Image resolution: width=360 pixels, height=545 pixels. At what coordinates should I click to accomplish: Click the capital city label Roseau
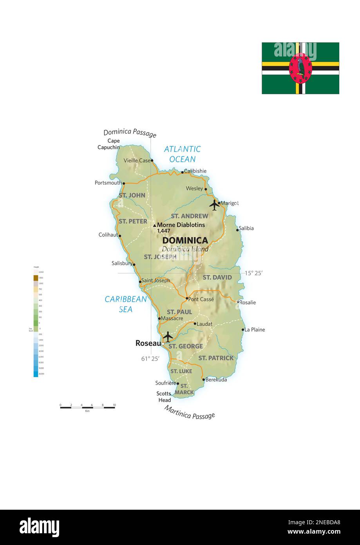coord(148,343)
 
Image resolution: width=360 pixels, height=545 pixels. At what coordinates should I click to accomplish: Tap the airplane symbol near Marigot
coord(214,205)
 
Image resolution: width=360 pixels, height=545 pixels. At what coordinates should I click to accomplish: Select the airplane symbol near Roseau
coord(168,336)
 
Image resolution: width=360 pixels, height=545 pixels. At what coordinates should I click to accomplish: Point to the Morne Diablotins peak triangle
coord(154,225)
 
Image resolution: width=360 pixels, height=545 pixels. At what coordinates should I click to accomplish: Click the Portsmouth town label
coord(108,183)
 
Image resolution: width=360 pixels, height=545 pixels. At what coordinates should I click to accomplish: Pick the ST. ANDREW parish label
coord(190,216)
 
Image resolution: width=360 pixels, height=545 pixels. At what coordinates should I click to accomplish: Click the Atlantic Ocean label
coord(182,154)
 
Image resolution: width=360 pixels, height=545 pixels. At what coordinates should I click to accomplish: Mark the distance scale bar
coord(87,407)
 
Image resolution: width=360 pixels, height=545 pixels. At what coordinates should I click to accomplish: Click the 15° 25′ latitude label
coord(254,273)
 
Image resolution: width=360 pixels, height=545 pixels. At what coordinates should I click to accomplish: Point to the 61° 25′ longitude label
coord(150,358)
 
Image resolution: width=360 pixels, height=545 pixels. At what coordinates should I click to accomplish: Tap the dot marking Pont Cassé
coord(187,298)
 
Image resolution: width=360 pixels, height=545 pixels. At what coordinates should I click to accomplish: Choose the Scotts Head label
coord(164,397)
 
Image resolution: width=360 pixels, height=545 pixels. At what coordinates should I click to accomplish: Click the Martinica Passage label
coord(190,412)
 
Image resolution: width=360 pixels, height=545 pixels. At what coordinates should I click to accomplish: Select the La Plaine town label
coord(255,330)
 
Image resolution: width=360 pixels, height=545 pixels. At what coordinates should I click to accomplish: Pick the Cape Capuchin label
coord(109,144)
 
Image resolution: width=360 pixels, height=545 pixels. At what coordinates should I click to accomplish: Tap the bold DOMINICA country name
coord(185,240)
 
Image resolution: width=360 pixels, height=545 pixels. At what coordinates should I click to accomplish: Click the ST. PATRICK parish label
coord(216,358)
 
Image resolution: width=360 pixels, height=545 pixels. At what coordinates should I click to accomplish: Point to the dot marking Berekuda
coord(203,379)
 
